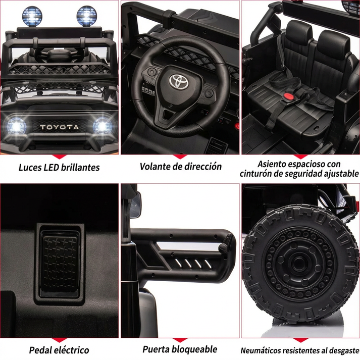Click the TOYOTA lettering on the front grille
pyautogui.click(x=60, y=127)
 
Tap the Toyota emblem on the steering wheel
pyautogui.click(x=178, y=80)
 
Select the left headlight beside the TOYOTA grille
pyautogui.click(x=17, y=125)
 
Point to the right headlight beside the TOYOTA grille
pyautogui.click(x=102, y=125)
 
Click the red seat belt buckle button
pyautogui.click(x=289, y=96)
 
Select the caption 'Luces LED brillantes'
pyautogui.click(x=60, y=167)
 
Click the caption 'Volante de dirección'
pyautogui.click(x=180, y=166)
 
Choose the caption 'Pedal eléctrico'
pyautogui.click(x=59, y=350)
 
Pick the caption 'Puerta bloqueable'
pyautogui.click(x=180, y=349)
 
